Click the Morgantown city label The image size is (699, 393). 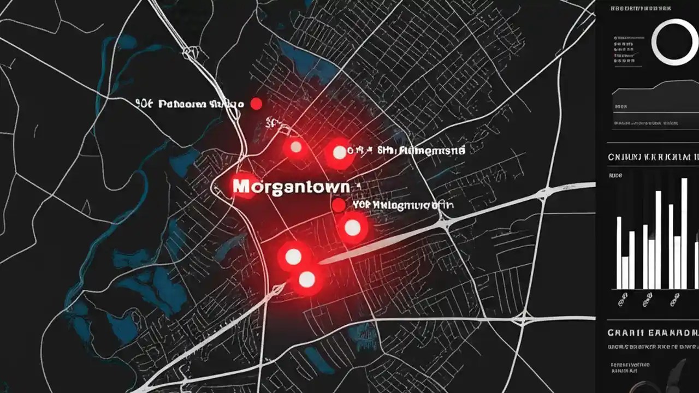point(291,186)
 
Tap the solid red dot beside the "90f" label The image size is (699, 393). point(256,104)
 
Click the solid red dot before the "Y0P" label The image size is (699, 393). point(339,205)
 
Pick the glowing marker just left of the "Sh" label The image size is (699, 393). point(339,153)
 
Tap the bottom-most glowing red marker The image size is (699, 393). point(307,279)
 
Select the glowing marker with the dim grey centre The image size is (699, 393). point(296,146)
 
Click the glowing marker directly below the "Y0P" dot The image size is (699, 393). point(353,228)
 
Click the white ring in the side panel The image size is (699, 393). point(676,42)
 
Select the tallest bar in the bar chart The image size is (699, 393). point(684,234)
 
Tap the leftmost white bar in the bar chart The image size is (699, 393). point(619,253)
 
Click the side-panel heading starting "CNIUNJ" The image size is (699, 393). point(653,157)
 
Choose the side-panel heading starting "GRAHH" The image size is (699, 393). point(653,332)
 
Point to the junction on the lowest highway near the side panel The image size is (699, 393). point(525,317)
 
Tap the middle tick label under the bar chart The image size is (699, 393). point(648,299)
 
